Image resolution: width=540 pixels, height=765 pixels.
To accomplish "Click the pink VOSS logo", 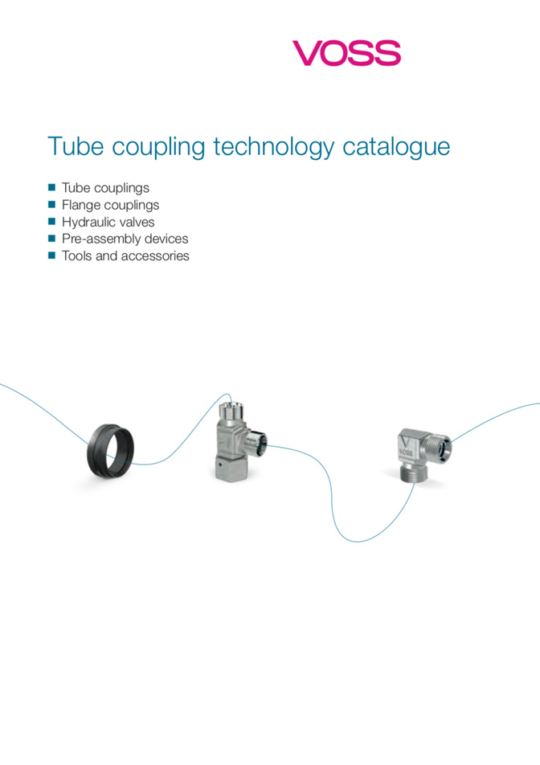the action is (x=346, y=53).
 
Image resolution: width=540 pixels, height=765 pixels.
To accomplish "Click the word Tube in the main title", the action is (x=76, y=146).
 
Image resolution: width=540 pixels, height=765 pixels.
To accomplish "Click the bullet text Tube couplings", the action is (x=105, y=188).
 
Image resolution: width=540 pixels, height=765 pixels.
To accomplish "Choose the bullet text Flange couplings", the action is (x=110, y=206).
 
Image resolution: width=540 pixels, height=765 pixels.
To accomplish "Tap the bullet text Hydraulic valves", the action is (x=108, y=222).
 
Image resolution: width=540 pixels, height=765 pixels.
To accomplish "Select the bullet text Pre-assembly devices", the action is (x=125, y=239).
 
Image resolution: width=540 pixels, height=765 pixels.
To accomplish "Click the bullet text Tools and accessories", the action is (x=125, y=256).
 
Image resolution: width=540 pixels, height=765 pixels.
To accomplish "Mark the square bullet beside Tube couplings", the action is (x=51, y=187).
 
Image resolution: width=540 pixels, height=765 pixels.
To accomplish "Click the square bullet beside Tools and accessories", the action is (x=51, y=256).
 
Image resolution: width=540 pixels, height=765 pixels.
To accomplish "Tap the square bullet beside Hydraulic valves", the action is (x=51, y=221).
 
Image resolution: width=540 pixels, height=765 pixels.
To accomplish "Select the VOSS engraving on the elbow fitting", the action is (x=406, y=452).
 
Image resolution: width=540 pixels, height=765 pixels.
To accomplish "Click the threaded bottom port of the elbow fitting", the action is (x=414, y=472).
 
